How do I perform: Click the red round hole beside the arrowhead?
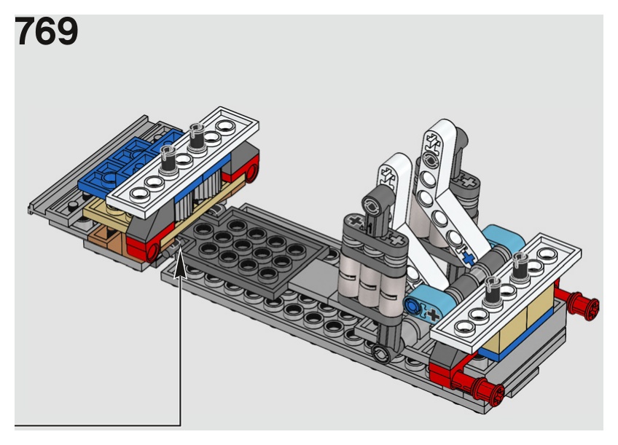click(152, 251)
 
